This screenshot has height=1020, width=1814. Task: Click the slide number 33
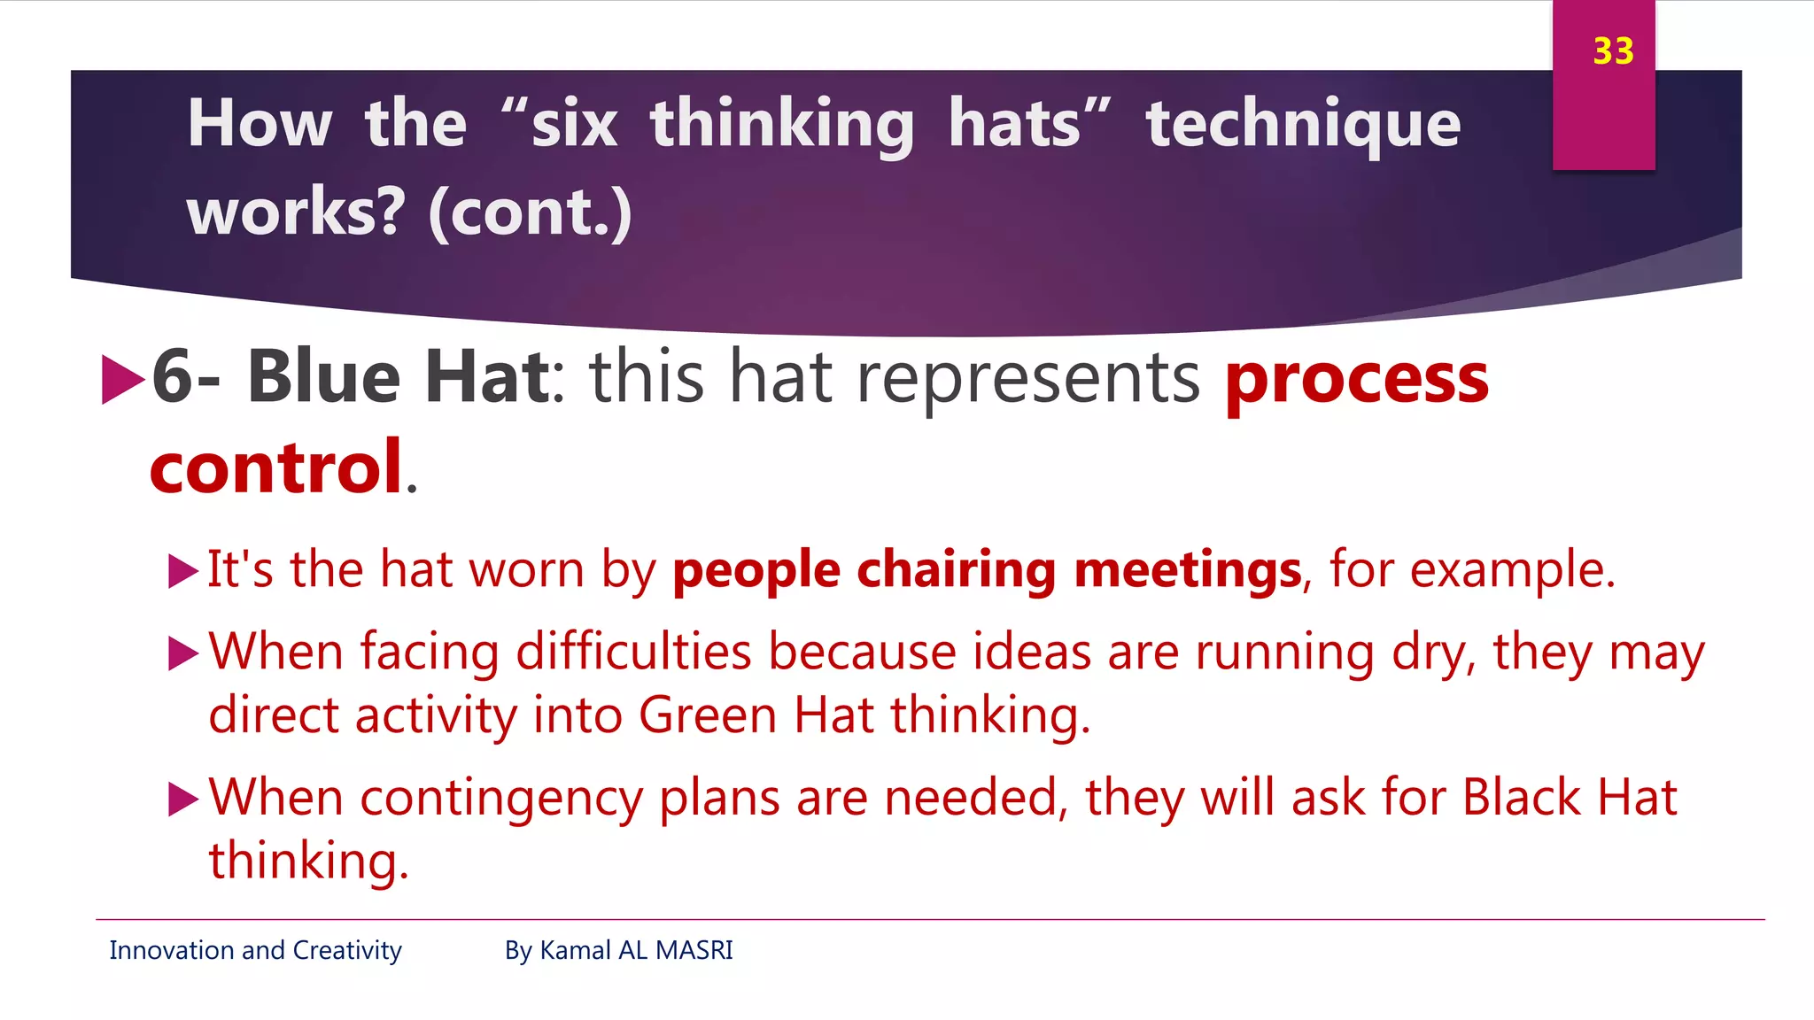click(1613, 51)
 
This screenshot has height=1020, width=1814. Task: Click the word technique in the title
click(1303, 124)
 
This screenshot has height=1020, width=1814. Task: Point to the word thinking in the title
click(782, 124)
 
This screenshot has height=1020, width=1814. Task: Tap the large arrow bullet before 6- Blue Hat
click(122, 379)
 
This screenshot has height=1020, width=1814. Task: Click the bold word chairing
click(956, 569)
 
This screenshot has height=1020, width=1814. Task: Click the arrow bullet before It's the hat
click(182, 571)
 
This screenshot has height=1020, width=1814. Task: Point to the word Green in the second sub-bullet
click(707, 715)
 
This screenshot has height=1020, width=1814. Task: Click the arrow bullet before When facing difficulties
click(182, 653)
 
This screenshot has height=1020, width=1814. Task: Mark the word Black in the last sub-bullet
click(1521, 797)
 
